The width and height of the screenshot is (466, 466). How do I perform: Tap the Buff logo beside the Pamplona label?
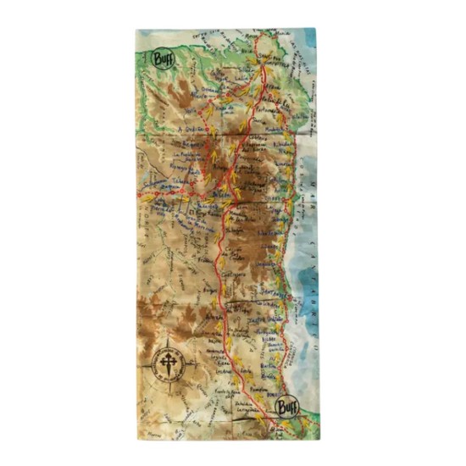pyautogui.click(x=287, y=407)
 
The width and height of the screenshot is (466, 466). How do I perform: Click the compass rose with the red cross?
pyautogui.click(x=168, y=362)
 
